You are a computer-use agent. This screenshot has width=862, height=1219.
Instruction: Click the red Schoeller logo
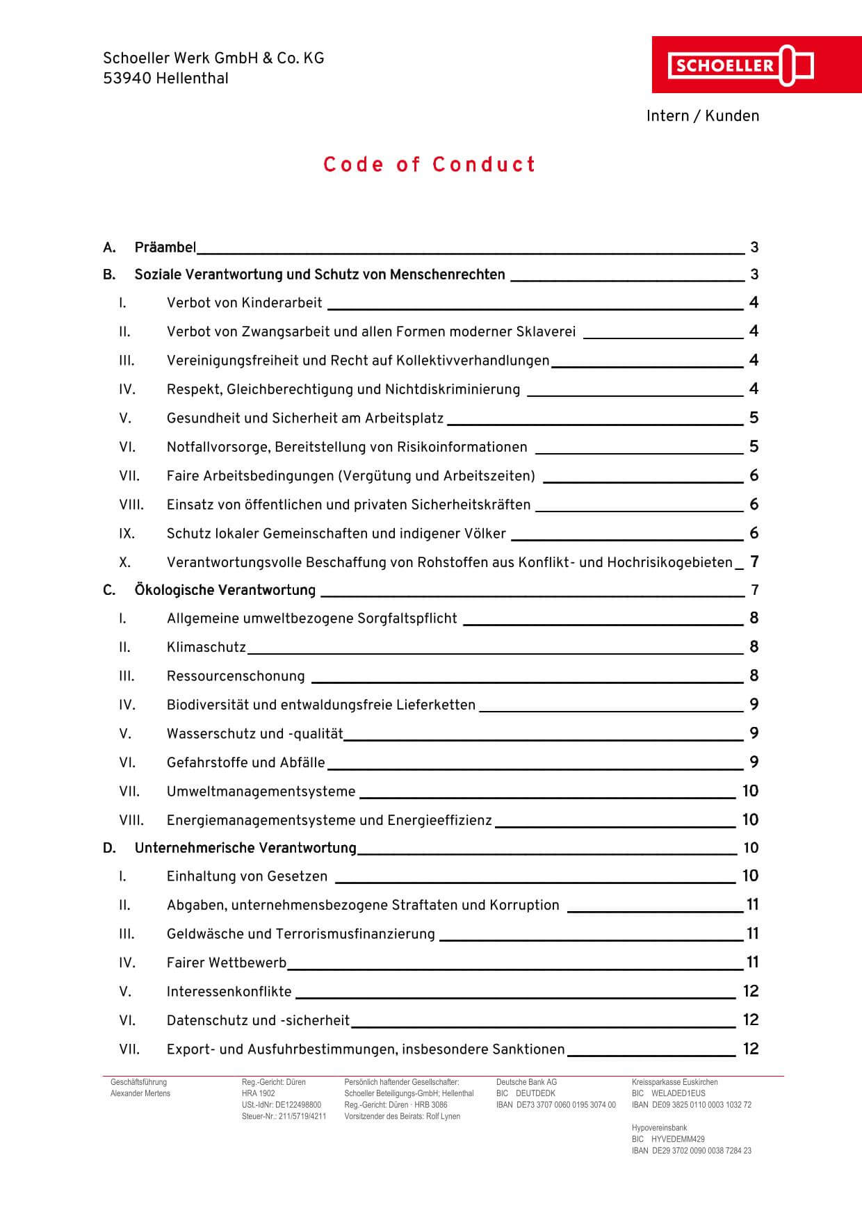pyautogui.click(x=739, y=65)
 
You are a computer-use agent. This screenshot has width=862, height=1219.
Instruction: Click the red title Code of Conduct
pyautogui.click(x=430, y=165)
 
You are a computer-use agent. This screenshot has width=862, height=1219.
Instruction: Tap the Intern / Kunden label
pyautogui.click(x=702, y=116)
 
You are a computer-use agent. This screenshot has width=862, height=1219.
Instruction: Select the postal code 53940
pyautogui.click(x=127, y=79)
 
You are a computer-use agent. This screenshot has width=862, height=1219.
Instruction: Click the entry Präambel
pyautogui.click(x=165, y=247)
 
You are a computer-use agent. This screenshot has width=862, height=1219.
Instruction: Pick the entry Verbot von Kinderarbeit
pyautogui.click(x=244, y=302)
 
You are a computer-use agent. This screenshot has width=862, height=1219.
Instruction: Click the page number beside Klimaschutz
pyautogui.click(x=754, y=647)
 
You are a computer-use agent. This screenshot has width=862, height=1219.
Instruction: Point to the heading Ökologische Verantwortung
pyautogui.click(x=225, y=590)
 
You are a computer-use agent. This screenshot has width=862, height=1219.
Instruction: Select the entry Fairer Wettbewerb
pyautogui.click(x=226, y=963)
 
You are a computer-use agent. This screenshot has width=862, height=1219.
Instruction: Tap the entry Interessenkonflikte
pyautogui.click(x=229, y=992)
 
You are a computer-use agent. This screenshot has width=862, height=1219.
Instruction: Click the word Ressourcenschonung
pyautogui.click(x=236, y=676)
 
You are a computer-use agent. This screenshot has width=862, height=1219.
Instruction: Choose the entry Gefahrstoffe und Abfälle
pyautogui.click(x=245, y=762)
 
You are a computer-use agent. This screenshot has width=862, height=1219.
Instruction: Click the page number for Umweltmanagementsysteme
pyautogui.click(x=750, y=791)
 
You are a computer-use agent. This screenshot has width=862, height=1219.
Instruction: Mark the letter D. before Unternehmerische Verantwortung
pyautogui.click(x=109, y=848)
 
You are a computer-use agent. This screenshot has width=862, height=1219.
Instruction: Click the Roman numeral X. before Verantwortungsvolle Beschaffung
pyautogui.click(x=124, y=562)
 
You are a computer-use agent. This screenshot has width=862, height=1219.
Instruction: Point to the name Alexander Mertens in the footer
pyautogui.click(x=140, y=1093)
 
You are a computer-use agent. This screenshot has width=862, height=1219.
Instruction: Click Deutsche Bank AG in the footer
pyautogui.click(x=526, y=1082)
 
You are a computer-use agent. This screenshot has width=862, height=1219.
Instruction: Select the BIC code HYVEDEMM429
pyautogui.click(x=678, y=1139)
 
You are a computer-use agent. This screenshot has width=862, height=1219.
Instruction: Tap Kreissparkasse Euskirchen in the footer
pyautogui.click(x=674, y=1082)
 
